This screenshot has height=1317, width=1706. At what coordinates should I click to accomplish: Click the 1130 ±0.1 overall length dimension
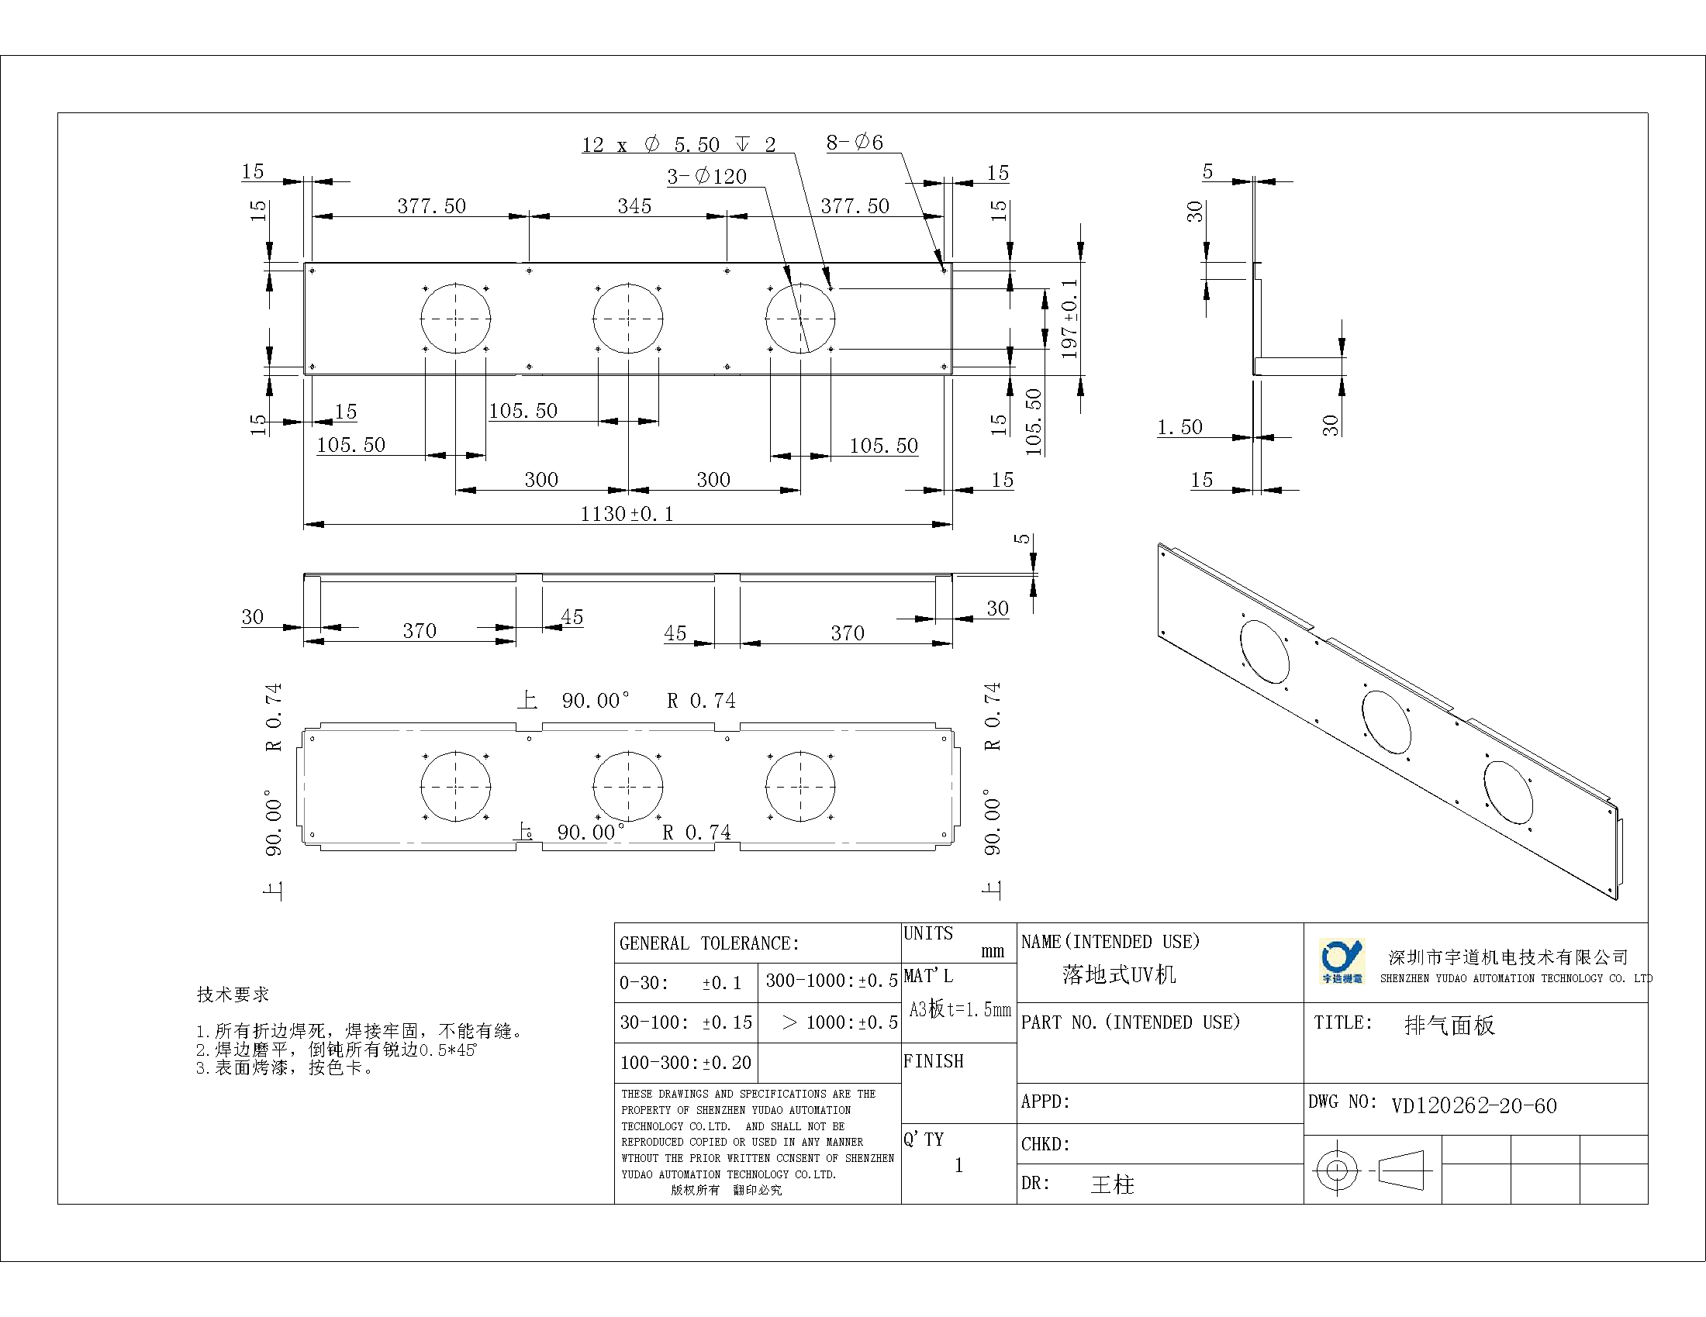coord(627,514)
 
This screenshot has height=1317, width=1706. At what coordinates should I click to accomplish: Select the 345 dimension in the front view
coord(634,206)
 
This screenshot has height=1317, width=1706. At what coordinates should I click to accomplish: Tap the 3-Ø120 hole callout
coord(707,177)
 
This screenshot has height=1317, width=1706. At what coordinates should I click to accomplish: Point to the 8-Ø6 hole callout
coord(855,142)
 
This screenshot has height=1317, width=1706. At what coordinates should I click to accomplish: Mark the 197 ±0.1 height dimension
coord(1069,319)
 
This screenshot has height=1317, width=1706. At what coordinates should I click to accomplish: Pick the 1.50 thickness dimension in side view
coord(1179,427)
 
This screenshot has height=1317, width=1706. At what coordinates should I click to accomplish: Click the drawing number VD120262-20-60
coord(1474,1105)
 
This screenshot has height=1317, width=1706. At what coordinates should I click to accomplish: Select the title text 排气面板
coord(1450,1025)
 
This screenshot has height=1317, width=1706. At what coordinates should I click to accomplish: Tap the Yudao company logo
coord(1342,961)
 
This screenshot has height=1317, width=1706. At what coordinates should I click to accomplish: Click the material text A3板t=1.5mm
coord(960,1009)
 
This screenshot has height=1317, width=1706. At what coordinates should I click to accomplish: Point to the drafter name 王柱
coord(1112,1184)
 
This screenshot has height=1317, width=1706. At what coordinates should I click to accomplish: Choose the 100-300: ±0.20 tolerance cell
coord(686,1063)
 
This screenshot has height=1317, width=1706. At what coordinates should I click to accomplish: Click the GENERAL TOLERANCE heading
coord(710,943)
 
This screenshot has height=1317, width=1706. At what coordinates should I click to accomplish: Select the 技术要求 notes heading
coord(233,995)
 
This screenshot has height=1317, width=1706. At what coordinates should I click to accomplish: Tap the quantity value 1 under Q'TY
coord(958,1166)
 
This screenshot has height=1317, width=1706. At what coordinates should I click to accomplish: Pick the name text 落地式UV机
coord(1118,974)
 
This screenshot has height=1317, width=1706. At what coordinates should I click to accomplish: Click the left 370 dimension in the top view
coord(420,631)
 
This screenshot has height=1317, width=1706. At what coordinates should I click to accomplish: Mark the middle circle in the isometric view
coord(1387,722)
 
